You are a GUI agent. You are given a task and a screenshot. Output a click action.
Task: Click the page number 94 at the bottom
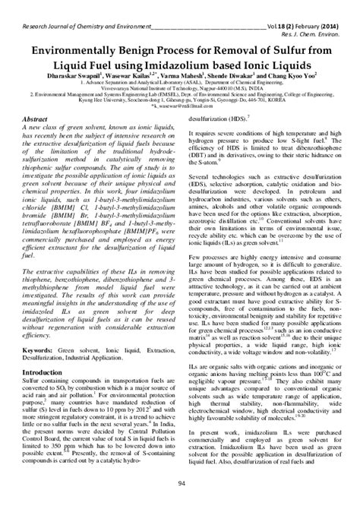[x=180, y=485]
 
